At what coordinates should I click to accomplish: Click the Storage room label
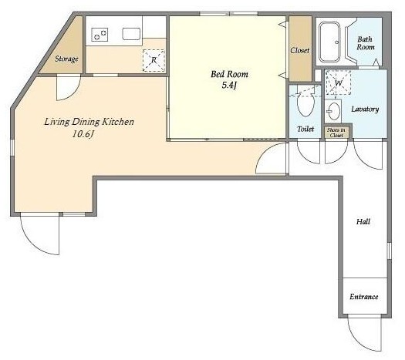coord(66,59)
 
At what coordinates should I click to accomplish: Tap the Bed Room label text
coord(229,74)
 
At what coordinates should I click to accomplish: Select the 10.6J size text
coord(83,134)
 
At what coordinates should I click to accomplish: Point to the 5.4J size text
coord(229,85)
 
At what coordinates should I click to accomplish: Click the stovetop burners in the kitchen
coord(100,35)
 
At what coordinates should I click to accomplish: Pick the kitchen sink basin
coord(131,34)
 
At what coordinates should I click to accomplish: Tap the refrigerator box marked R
coord(154,60)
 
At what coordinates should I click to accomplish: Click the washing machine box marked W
coord(338,82)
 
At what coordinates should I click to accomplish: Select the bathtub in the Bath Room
coord(329,42)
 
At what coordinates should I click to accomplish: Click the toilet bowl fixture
coord(305,103)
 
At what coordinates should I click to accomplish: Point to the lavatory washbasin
coord(334,112)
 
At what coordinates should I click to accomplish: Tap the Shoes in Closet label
coord(336,133)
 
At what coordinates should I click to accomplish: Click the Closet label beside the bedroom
coord(300,50)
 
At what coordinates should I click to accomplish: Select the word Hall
coord(363,221)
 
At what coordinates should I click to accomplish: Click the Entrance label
coord(364,297)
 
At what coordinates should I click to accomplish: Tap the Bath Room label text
coord(365,43)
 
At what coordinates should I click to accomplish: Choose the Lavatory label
coord(365,109)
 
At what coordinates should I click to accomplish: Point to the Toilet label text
coord(305,129)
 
